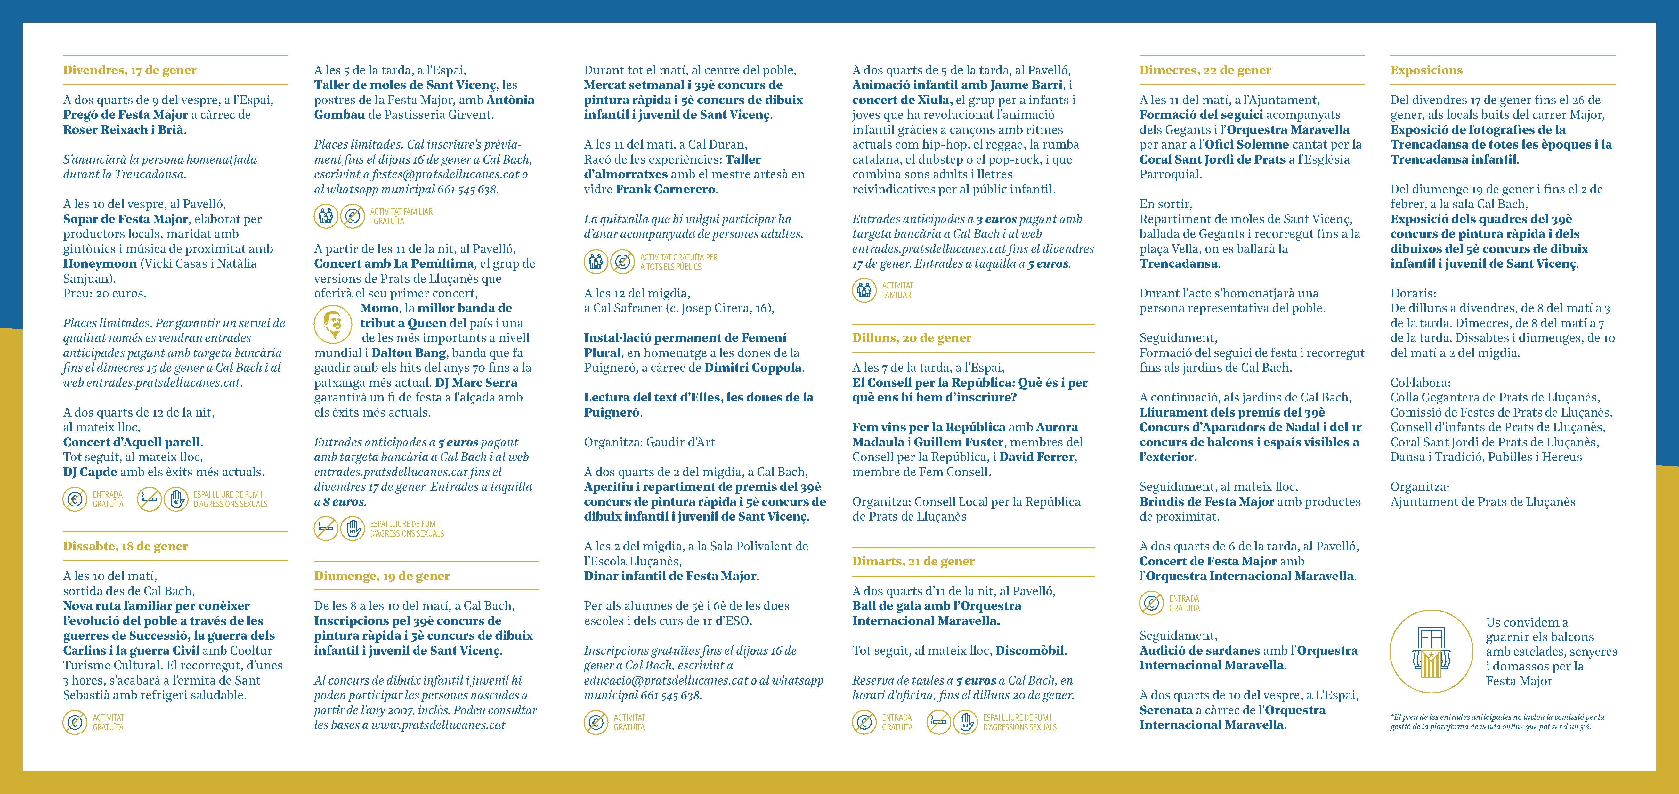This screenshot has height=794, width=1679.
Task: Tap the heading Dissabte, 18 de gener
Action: pyautogui.click(x=125, y=546)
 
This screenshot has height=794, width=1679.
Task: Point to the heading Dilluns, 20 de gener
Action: pyautogui.click(x=911, y=338)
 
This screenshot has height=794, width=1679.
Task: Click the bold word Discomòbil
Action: pyautogui.click(x=1030, y=651)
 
